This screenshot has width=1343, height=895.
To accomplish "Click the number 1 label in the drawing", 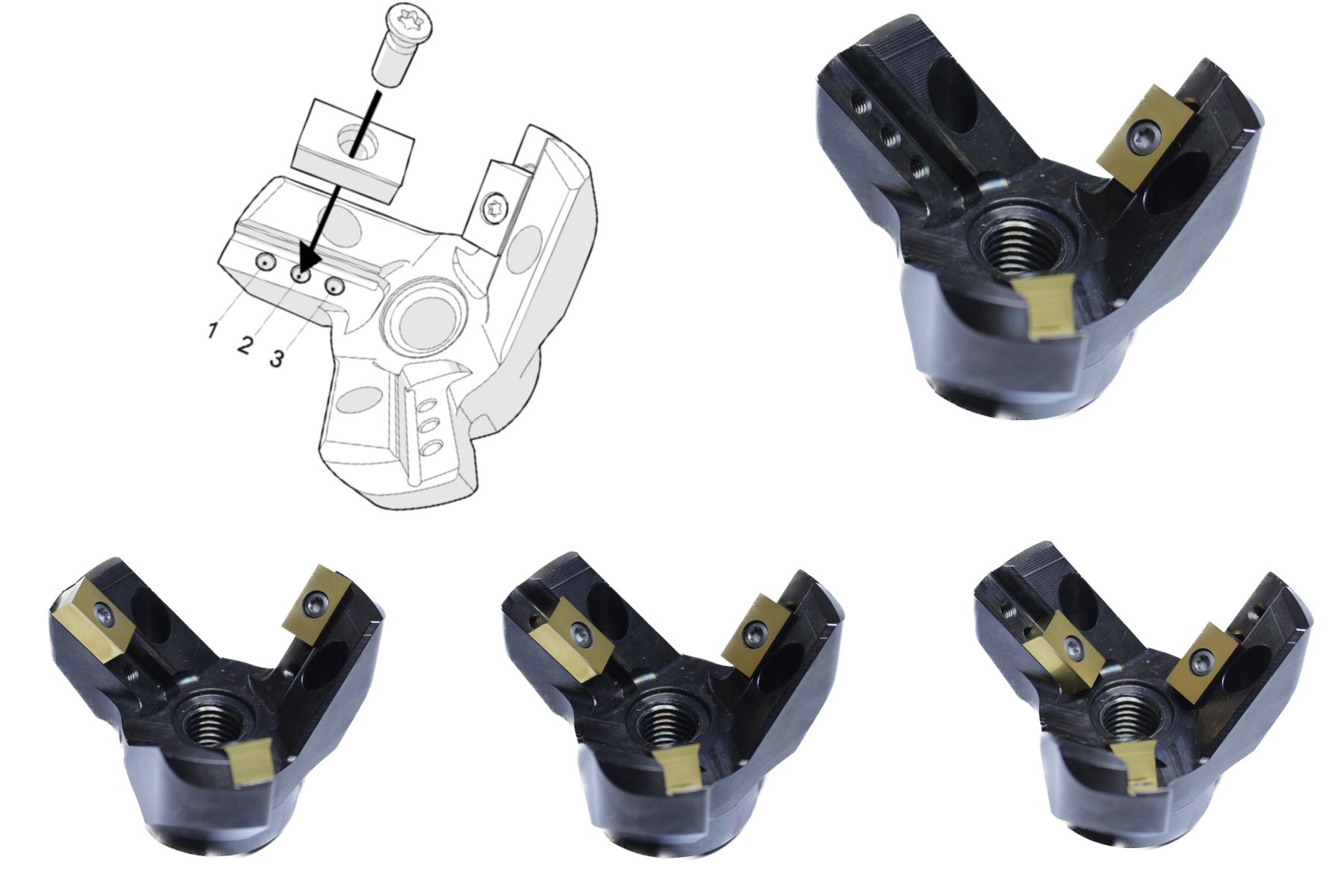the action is tap(213, 330).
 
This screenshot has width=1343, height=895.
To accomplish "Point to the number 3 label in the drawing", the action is tap(276, 359).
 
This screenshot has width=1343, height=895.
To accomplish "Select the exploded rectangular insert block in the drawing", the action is tap(353, 151).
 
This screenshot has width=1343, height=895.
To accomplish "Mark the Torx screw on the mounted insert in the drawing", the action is tap(494, 208).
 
